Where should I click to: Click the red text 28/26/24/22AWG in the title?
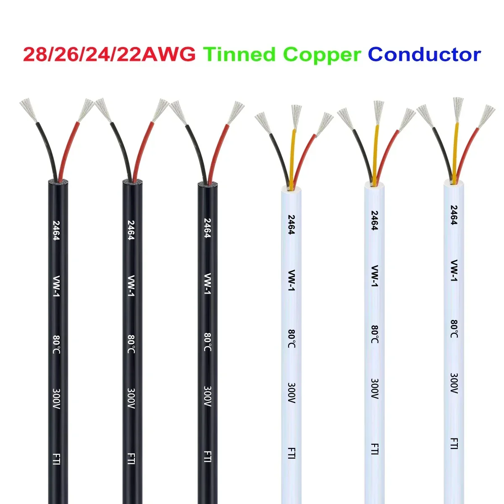[x=109, y=55]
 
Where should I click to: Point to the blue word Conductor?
[x=424, y=55]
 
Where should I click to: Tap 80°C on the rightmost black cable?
[x=207, y=342]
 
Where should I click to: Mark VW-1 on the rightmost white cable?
[x=454, y=270]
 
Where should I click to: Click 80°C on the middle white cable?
[x=375, y=334]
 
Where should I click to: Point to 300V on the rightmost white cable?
[x=454, y=383]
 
